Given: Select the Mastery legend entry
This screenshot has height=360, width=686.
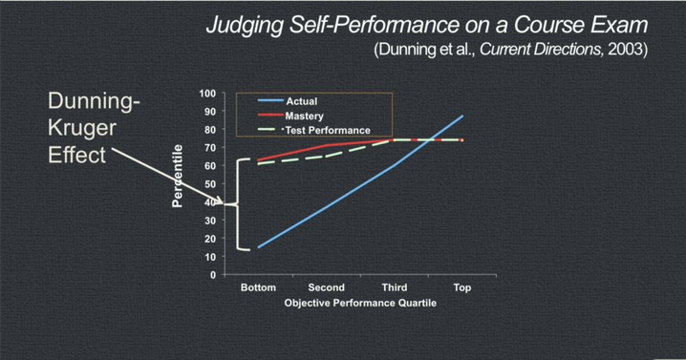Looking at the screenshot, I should [x=305, y=116].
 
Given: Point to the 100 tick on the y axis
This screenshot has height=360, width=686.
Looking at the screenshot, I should [x=207, y=94].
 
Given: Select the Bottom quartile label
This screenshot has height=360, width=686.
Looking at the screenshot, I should [x=258, y=287].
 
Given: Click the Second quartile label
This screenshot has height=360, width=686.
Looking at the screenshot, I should [x=326, y=287].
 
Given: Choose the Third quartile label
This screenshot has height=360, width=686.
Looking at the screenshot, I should [x=394, y=287].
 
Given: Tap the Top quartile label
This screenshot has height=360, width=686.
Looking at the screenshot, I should [x=461, y=287].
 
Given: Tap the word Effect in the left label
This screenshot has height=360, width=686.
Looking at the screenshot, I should [x=76, y=154].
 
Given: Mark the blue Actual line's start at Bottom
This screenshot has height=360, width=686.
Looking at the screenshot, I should [x=258, y=247].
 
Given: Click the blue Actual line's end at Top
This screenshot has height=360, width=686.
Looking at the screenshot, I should [x=463, y=116].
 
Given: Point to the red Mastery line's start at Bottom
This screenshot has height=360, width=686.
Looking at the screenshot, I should [x=258, y=159].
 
